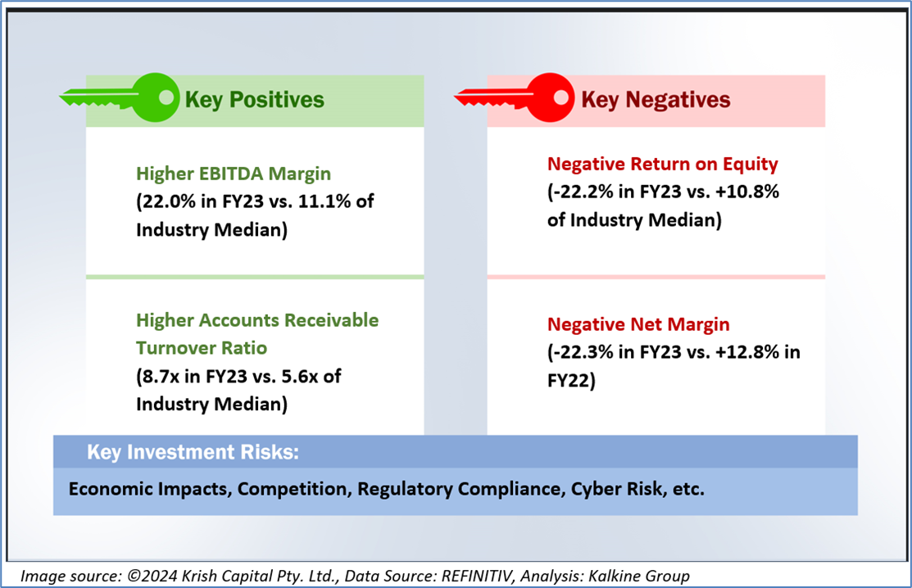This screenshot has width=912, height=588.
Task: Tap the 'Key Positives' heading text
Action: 254,100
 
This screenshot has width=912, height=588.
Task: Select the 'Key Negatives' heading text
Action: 656,100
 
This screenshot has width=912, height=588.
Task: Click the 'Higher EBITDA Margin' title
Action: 234,174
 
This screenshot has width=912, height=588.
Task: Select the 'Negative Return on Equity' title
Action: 662,165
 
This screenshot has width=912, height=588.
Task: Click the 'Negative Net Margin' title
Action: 638,324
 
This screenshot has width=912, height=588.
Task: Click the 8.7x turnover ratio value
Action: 161,377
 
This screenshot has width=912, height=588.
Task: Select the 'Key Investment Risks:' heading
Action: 193,452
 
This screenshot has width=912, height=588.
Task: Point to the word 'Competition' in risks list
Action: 293,489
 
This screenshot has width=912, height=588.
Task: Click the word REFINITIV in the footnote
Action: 478,576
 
